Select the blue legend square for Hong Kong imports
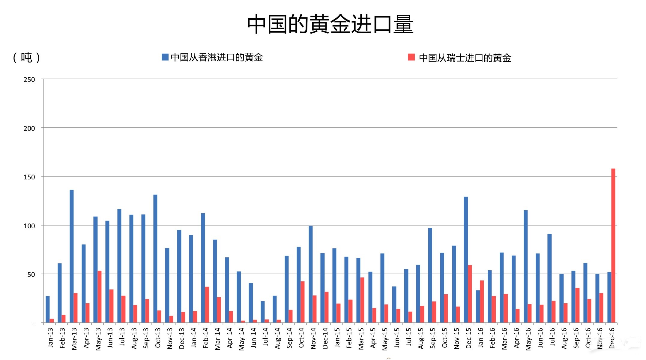tap(165, 57)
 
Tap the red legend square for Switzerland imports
tap(411, 57)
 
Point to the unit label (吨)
tap(26, 57)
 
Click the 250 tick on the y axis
tap(29, 80)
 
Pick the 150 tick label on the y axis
tap(29, 177)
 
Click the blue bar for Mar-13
tap(72, 256)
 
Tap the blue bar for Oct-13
tap(155, 259)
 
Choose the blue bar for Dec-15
tap(466, 260)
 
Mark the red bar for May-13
tap(100, 297)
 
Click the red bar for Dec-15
tap(470, 294)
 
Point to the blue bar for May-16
tap(526, 266)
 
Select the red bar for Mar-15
tap(362, 300)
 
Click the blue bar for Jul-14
tap(263, 312)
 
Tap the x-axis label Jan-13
tap(50, 338)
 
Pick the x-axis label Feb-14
tap(206, 338)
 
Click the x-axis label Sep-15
tap(433, 338)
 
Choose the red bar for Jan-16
tap(482, 301)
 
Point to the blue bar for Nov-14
tap(311, 274)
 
